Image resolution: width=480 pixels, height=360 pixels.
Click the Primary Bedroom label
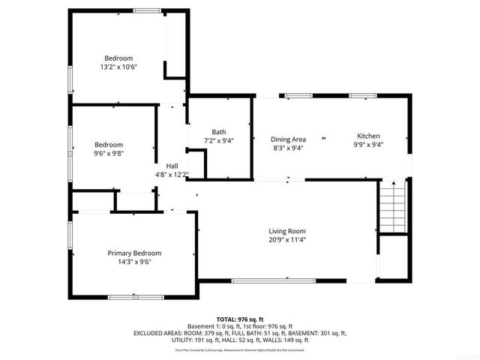[x=133, y=253]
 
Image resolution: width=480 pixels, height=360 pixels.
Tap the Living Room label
[x=287, y=231]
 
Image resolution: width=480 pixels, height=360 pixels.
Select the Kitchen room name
[x=367, y=136]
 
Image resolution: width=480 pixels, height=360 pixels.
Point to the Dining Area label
[x=288, y=139]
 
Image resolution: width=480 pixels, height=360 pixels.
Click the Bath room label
[x=218, y=131]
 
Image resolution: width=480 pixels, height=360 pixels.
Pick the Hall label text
[x=172, y=166]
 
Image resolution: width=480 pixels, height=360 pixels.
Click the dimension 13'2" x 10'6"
[x=118, y=67]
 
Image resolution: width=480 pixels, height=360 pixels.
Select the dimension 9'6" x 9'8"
[x=109, y=153]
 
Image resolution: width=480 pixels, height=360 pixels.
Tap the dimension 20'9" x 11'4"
[x=287, y=240]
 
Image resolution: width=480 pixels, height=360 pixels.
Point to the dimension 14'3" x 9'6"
[x=133, y=262]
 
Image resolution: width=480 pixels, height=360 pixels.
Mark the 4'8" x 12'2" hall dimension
[x=172, y=175]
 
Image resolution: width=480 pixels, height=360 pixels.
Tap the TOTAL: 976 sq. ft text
[x=239, y=319]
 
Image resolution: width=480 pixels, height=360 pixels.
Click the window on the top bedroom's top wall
[x=146, y=10]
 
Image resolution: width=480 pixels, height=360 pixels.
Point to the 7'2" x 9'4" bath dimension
[x=218, y=140]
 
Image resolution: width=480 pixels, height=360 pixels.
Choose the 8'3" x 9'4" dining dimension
[x=288, y=148]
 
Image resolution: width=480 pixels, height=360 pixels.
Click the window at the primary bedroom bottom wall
[x=135, y=298]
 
